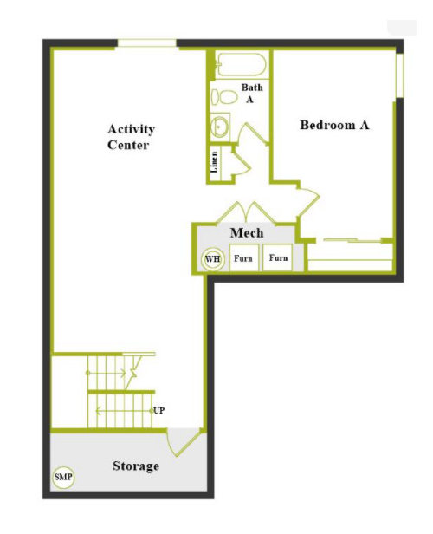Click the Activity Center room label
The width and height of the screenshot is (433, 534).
[x=131, y=137]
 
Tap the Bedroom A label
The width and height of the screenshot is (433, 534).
[x=334, y=125]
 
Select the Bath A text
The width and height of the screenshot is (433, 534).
[x=252, y=93]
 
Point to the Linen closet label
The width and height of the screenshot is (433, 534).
[x=214, y=162]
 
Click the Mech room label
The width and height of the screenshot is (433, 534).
[x=247, y=233]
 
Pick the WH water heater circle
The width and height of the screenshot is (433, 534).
[x=213, y=259]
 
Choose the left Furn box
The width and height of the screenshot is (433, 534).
[x=244, y=257]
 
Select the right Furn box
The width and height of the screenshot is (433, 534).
[x=278, y=257]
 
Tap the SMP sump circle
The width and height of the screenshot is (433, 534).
[x=63, y=477]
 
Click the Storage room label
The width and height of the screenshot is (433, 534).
[x=136, y=466]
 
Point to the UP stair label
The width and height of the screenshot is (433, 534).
[x=158, y=410]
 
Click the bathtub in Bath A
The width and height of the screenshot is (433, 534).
[x=242, y=65]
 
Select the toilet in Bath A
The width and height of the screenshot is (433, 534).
[x=223, y=97]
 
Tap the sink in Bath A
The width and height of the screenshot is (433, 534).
[x=220, y=126]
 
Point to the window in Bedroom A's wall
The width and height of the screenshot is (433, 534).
[x=399, y=75]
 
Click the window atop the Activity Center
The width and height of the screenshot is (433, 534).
[x=147, y=43]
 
